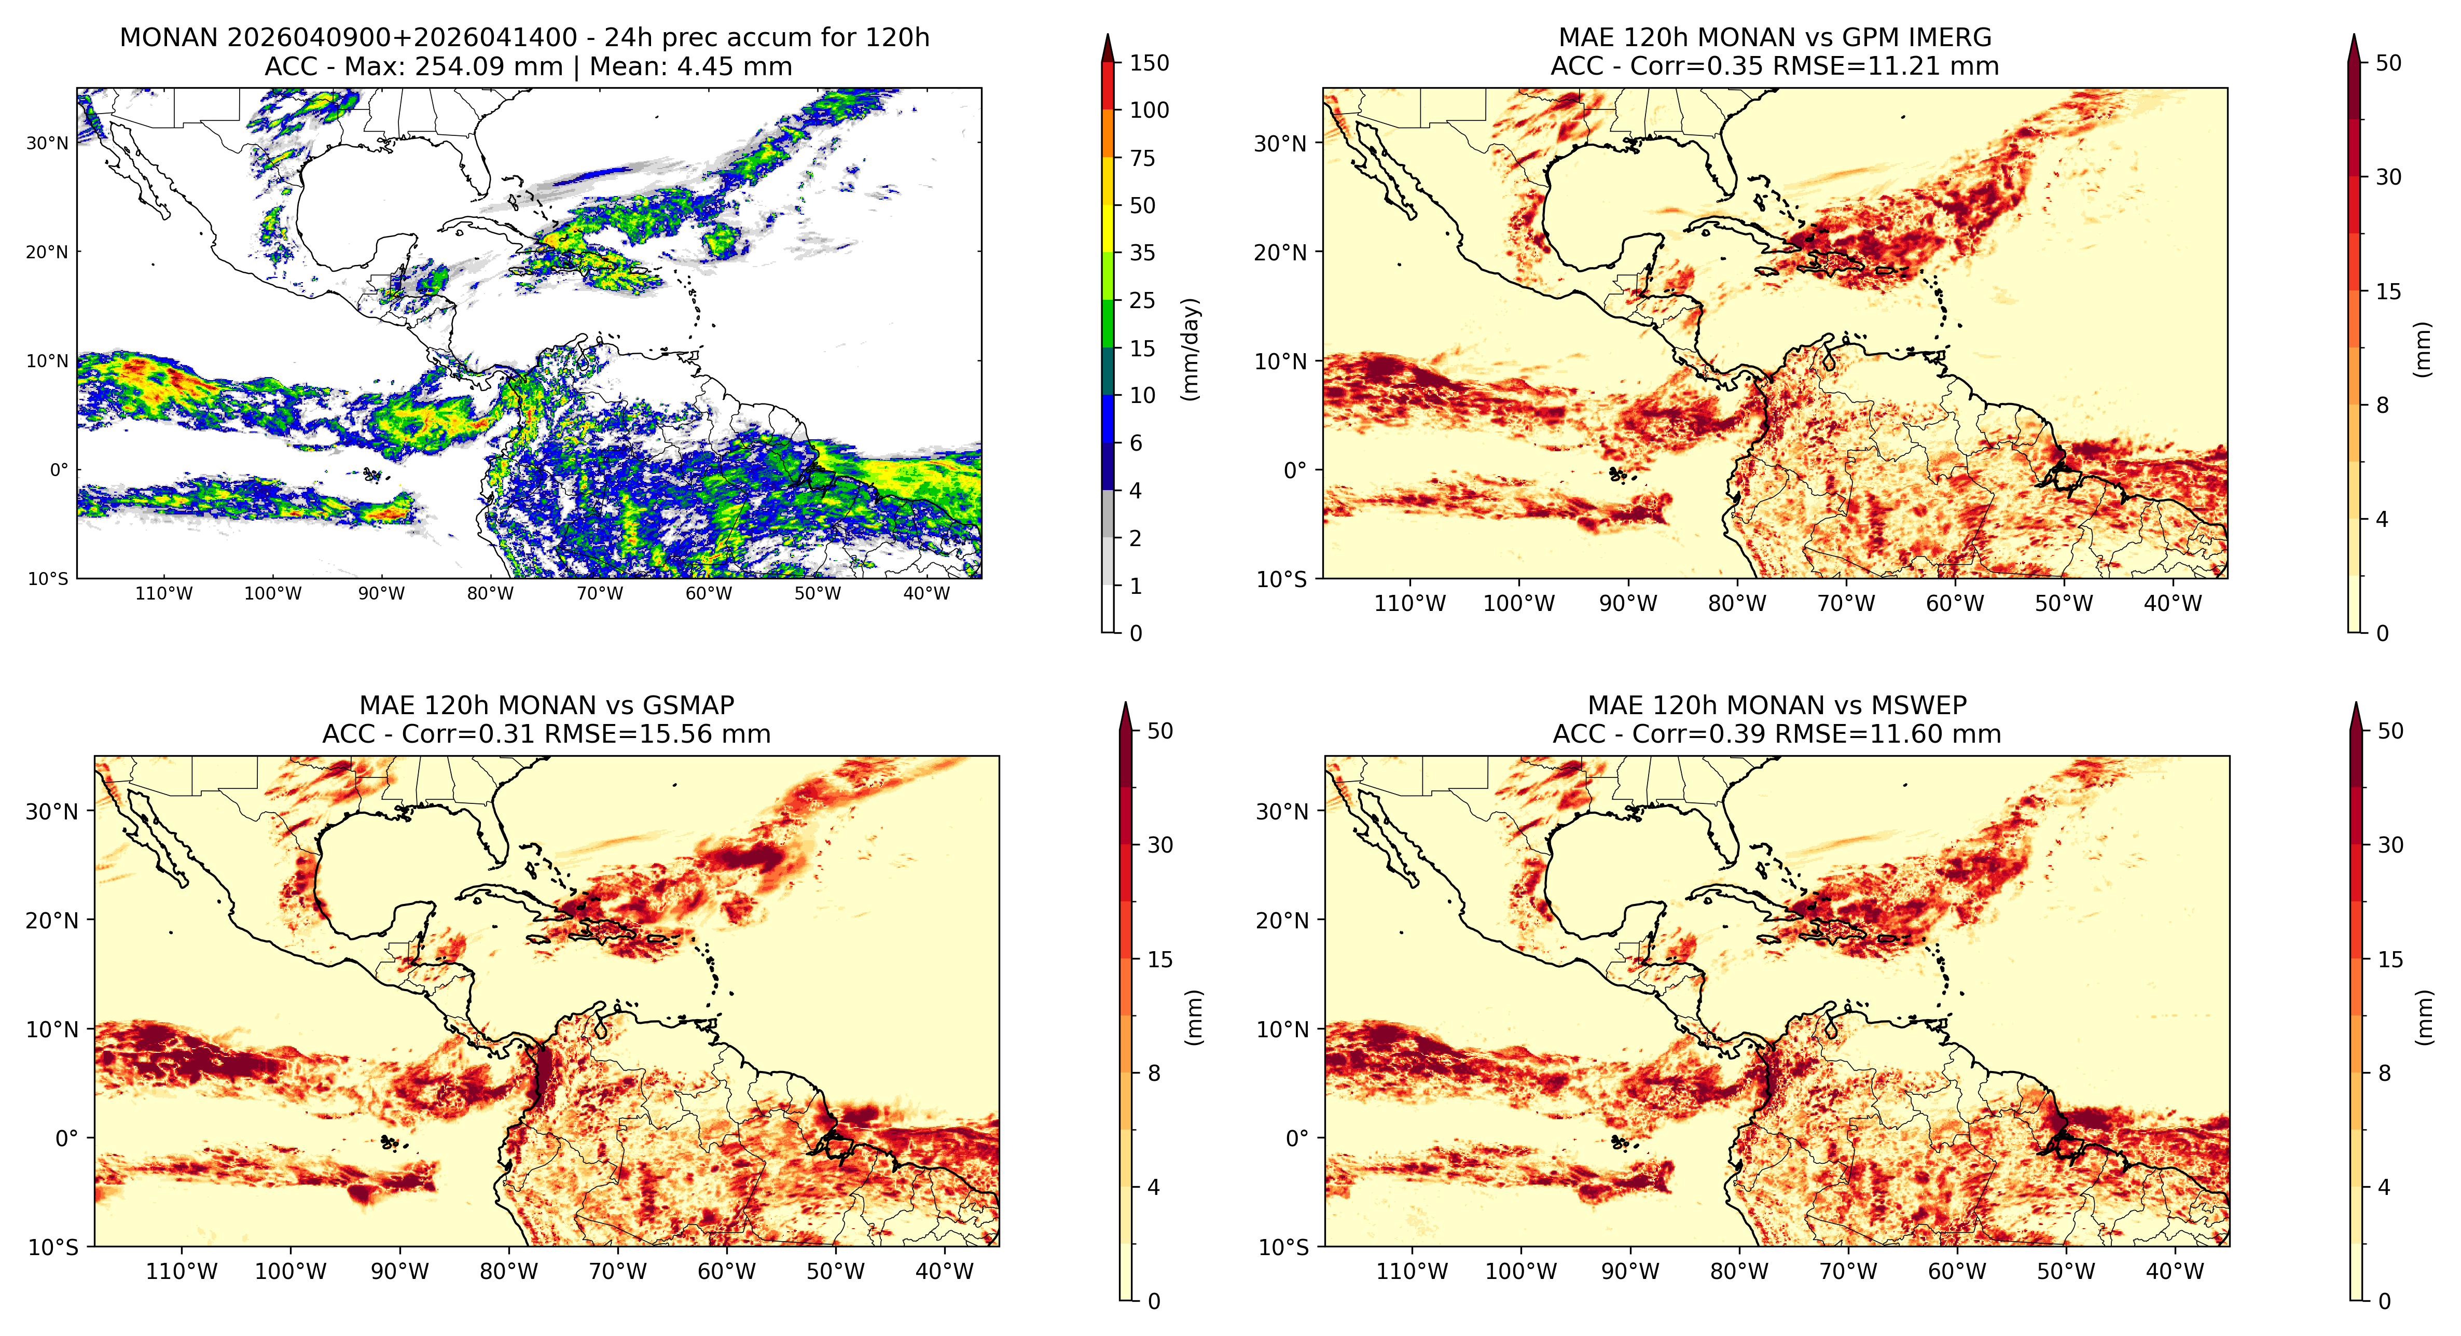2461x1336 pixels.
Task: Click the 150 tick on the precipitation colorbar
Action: pyautogui.click(x=1149, y=63)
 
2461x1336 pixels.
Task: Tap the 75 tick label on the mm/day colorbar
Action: pyautogui.click(x=1143, y=159)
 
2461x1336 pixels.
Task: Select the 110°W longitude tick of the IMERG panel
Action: pyautogui.click(x=1410, y=604)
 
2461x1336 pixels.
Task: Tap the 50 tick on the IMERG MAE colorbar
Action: pyautogui.click(x=2388, y=63)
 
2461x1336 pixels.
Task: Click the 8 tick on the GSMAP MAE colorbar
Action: pyautogui.click(x=1154, y=1074)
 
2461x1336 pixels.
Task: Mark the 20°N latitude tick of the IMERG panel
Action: pyautogui.click(x=1280, y=252)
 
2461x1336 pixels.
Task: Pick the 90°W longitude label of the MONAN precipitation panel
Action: pyautogui.click(x=381, y=593)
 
